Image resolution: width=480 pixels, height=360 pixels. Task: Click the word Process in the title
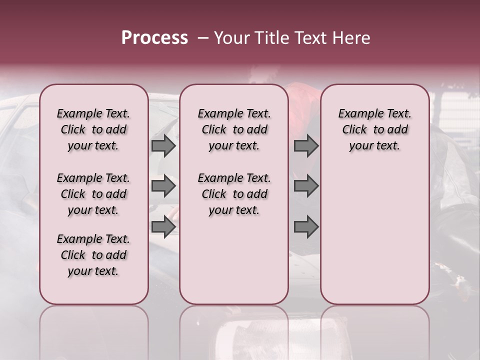(154, 38)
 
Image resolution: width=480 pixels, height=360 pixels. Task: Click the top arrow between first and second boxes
(163, 146)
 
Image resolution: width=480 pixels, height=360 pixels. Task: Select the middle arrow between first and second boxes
(163, 186)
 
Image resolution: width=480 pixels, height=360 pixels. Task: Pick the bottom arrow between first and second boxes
(163, 227)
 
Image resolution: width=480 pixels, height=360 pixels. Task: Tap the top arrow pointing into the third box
(306, 146)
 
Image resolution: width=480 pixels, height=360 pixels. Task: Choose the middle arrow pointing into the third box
(306, 186)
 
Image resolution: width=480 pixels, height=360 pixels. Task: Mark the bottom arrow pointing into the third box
(306, 227)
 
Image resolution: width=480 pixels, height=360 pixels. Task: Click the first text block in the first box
(93, 129)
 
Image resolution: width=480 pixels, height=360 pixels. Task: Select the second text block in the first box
(93, 194)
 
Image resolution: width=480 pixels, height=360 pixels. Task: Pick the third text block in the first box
(93, 255)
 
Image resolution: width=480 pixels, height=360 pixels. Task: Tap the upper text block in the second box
(234, 129)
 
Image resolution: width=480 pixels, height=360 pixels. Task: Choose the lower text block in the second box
(234, 194)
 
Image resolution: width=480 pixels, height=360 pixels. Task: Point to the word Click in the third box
(354, 130)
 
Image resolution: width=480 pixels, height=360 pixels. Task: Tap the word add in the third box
(397, 130)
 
